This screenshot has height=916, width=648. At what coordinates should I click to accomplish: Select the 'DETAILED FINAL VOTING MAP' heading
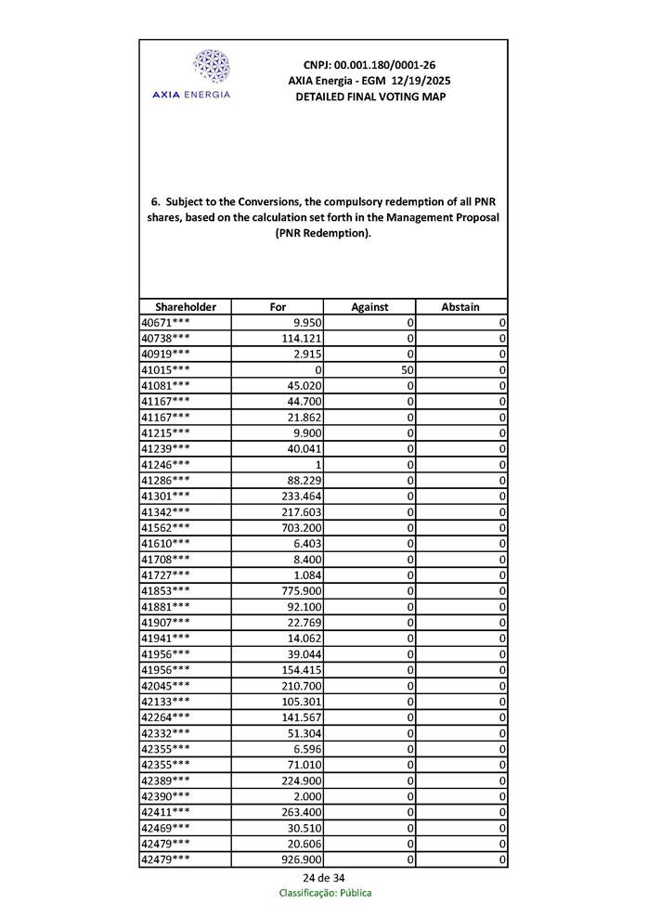369,97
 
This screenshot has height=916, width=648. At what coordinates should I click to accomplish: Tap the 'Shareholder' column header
186,307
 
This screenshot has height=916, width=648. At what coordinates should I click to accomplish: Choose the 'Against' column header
369,307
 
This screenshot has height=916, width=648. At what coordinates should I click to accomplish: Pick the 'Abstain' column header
460,307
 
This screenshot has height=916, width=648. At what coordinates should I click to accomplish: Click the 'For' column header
278,307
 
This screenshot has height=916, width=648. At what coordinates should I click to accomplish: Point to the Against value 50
406,369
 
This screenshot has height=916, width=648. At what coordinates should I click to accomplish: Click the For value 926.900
302,859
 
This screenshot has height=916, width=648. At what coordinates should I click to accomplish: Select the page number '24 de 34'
324,878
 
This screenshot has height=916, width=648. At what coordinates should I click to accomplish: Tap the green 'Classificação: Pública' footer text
325,894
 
